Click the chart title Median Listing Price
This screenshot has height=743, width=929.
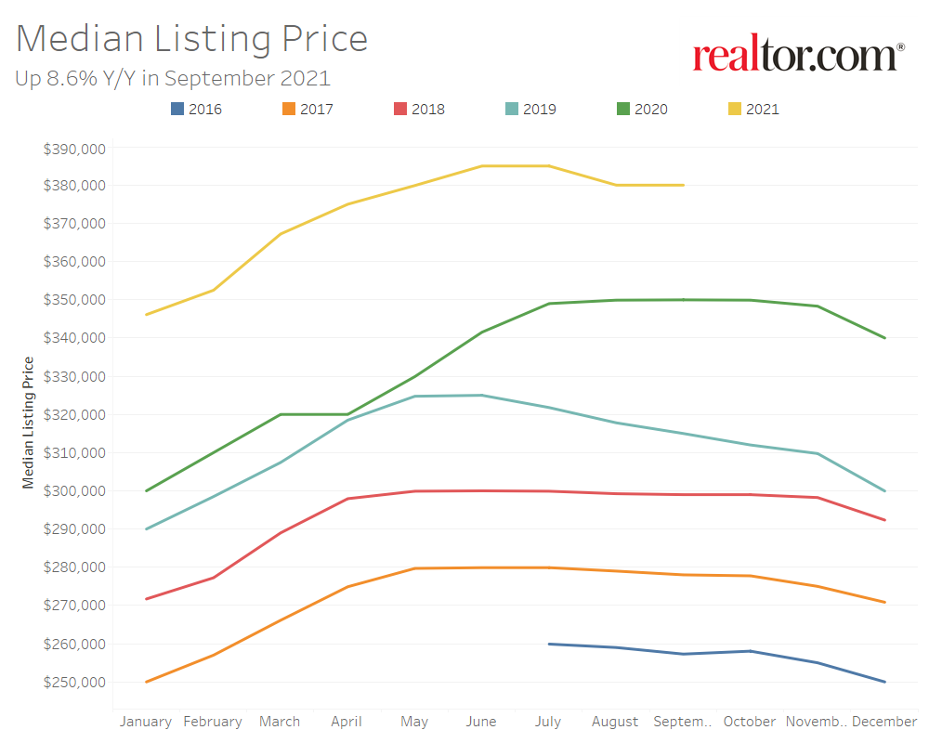point(191,39)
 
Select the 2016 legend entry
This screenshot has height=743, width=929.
point(196,109)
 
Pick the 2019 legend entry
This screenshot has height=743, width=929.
point(530,109)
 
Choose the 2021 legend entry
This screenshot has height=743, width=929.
point(753,109)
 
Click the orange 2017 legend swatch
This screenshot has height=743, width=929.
point(288,109)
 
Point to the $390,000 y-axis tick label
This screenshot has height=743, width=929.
point(75,148)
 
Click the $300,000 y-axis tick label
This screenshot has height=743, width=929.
point(75,490)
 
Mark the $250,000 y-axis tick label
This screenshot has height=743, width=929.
point(75,682)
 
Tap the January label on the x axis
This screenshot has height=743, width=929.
point(146,722)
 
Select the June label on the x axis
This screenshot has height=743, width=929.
point(481,722)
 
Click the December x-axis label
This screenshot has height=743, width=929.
point(884,722)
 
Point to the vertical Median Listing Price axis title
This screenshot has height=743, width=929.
point(28,423)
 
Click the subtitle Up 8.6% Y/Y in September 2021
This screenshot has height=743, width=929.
point(173,78)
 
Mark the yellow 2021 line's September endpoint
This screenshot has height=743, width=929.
point(684,185)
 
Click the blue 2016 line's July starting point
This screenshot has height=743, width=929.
point(549,644)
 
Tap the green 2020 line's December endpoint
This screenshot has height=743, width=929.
point(885,338)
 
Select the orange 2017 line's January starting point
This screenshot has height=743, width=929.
point(146,682)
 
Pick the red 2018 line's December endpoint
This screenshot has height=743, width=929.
point(885,520)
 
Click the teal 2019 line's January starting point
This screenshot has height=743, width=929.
point(146,529)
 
